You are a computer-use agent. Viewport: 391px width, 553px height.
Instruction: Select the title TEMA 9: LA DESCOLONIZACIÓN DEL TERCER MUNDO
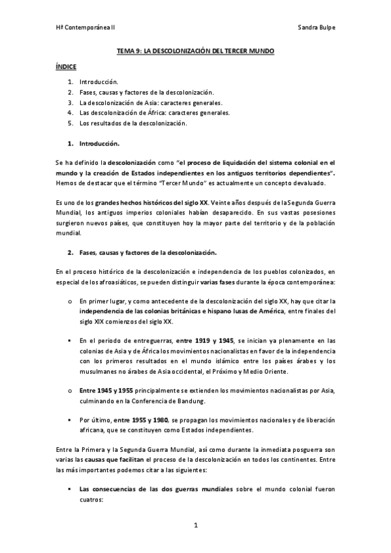click(195, 50)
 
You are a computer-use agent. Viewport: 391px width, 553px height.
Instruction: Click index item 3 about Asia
click(150, 103)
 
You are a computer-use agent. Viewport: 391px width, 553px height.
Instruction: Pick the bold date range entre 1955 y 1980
click(144, 420)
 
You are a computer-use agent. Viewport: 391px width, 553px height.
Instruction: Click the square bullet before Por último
click(69, 420)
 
